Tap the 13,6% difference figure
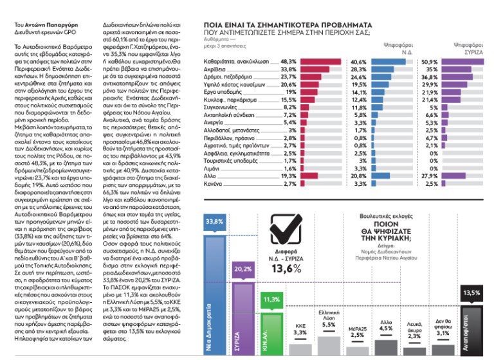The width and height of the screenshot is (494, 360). pyautogui.click(x=281, y=287)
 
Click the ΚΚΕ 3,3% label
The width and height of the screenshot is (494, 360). pyautogui.click(x=300, y=329)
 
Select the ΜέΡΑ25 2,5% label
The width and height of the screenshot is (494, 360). pyautogui.click(x=357, y=332)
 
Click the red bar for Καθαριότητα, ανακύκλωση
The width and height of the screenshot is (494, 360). pyautogui.click(x=318, y=62)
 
